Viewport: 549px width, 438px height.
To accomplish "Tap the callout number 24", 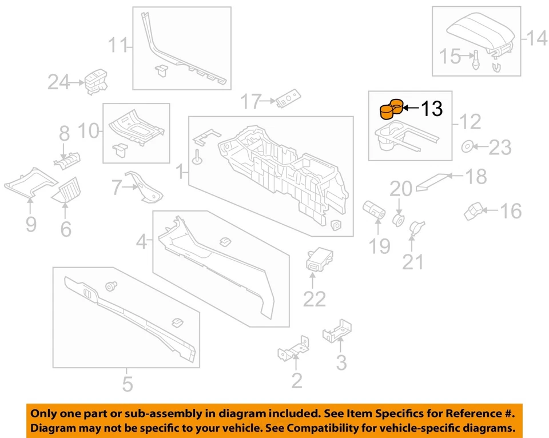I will tap(58, 83).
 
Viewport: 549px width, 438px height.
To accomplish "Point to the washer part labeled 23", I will tap(467, 147).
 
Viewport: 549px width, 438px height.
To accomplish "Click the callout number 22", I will tap(314, 298).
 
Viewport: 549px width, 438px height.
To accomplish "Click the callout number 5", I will tap(127, 383).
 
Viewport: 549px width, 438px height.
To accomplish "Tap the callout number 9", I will tap(31, 224).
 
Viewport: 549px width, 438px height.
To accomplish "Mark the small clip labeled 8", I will tap(67, 161).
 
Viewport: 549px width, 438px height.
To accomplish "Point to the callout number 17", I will tap(250, 102).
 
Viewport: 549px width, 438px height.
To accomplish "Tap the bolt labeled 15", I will tap(475, 59).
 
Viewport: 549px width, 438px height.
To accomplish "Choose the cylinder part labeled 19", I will tap(373, 210).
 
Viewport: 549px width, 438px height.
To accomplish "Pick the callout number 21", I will tap(413, 261).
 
